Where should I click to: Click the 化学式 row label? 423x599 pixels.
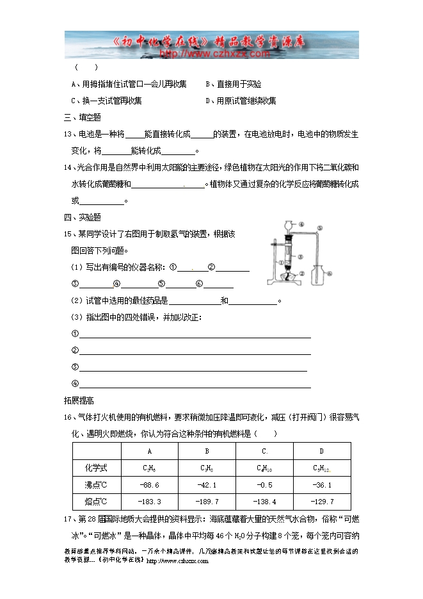coord(95,468)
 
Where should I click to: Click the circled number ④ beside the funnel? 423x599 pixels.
coord(301,224)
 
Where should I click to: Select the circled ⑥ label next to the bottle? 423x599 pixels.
coord(331,272)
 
